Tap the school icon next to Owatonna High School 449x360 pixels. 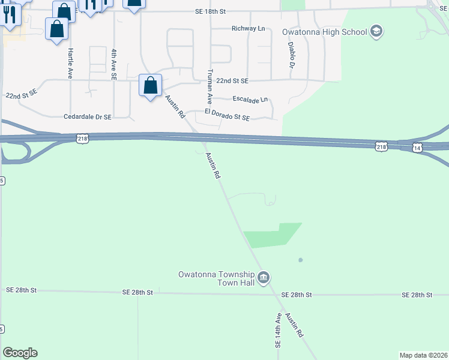coord(376,31)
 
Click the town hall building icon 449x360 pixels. coord(264,278)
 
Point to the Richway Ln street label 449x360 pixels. coord(249,28)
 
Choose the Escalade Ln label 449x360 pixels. coord(250,100)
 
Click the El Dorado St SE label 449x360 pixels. coord(227,115)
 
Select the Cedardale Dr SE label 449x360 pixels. coord(87,117)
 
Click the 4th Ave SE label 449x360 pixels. coord(113,65)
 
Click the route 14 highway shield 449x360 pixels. coord(417,147)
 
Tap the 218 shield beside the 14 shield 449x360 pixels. coord(381,146)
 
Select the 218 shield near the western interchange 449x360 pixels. coord(83,139)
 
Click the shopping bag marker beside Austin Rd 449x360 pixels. coord(150,85)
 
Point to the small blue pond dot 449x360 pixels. coord(300,260)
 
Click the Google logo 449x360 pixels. coord(20,353)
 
